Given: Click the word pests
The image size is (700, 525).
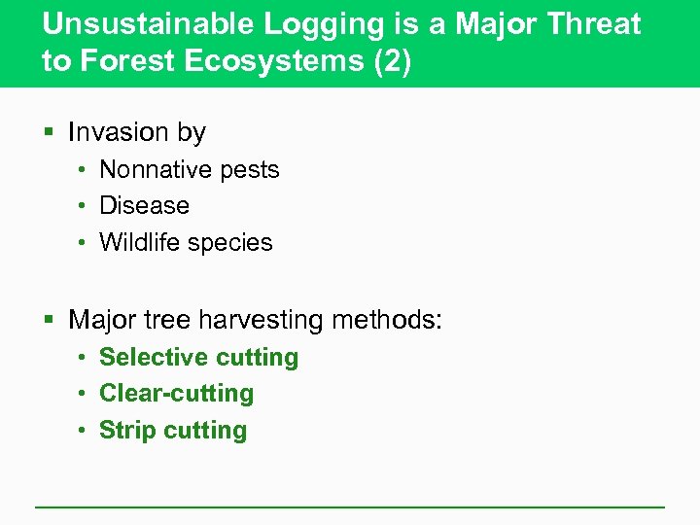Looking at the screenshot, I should coord(249,170).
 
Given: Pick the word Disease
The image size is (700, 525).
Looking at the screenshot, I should coord(144,206).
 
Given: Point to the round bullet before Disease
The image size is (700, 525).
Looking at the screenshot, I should coord(85,206).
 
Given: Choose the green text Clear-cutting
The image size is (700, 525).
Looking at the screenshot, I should coord(176,394).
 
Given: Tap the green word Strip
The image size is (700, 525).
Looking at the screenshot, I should coord(126,431).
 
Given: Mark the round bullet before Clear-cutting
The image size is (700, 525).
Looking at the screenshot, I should coord(85,394).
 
